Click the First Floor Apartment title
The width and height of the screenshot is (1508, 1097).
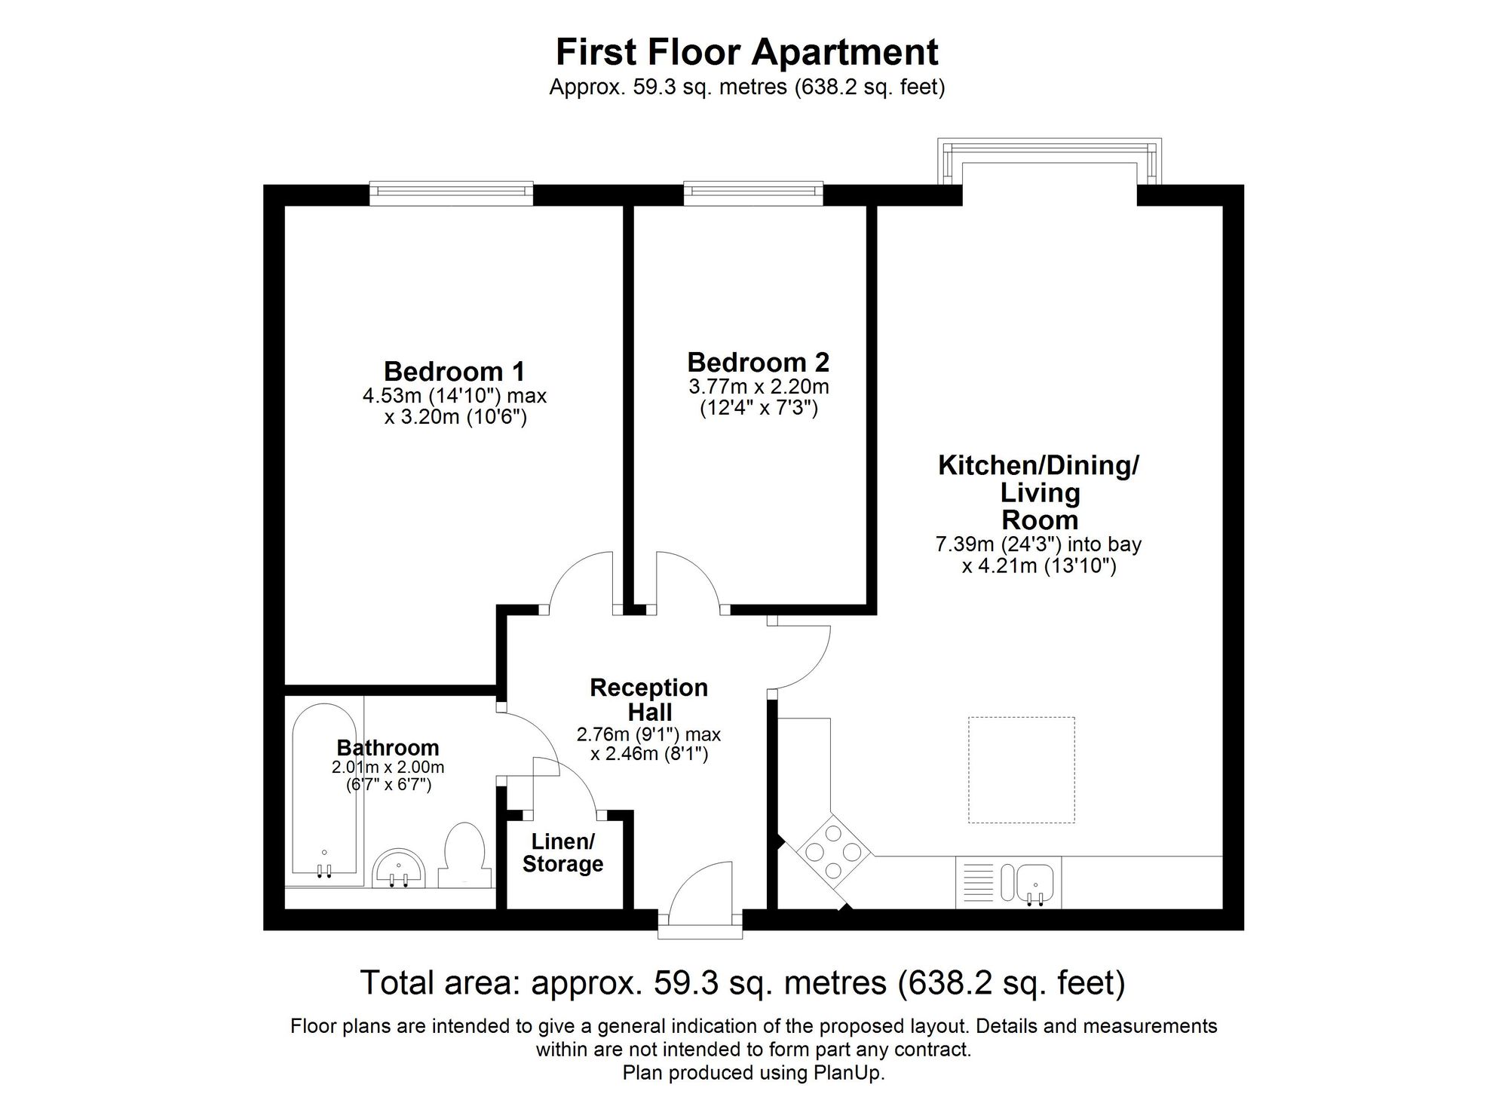(x=746, y=52)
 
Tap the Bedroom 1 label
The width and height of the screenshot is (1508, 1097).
(x=454, y=371)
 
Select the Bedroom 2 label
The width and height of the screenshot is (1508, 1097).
(x=758, y=362)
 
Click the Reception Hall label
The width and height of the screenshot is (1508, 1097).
(x=648, y=699)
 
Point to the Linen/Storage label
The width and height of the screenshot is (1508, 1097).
(x=562, y=853)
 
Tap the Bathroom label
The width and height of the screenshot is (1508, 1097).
(x=388, y=747)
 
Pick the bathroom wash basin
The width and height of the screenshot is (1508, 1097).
(x=400, y=869)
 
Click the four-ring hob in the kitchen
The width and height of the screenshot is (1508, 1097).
(x=833, y=852)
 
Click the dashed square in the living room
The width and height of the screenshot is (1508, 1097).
(x=1021, y=770)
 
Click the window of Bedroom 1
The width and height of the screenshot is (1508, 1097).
(x=451, y=192)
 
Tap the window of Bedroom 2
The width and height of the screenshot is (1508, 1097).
(x=753, y=192)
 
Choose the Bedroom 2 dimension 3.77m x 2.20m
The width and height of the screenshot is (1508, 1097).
(x=758, y=387)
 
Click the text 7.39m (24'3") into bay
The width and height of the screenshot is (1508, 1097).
(x=1038, y=544)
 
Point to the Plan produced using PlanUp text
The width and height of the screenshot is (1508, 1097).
(x=753, y=1073)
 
